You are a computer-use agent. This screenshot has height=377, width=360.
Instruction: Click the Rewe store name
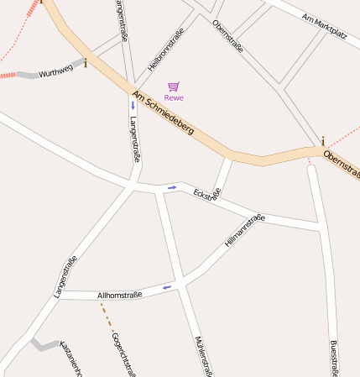coord(174,98)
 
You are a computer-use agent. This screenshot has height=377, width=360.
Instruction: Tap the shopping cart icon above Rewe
coord(174,86)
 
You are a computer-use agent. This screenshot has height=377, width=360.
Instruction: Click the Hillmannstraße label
coord(245,230)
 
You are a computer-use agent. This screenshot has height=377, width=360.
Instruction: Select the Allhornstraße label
coord(120,295)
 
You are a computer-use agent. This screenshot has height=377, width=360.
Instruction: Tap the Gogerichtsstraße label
coord(123,354)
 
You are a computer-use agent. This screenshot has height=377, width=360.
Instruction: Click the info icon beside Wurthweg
coord(85,62)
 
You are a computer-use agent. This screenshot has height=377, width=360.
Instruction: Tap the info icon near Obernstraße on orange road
coord(321,142)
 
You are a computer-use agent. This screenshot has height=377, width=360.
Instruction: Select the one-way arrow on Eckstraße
coord(172,187)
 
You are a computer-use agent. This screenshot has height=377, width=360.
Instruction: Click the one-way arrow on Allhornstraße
coord(167,287)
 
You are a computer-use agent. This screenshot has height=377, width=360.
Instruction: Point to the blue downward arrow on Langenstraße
coord(133,107)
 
